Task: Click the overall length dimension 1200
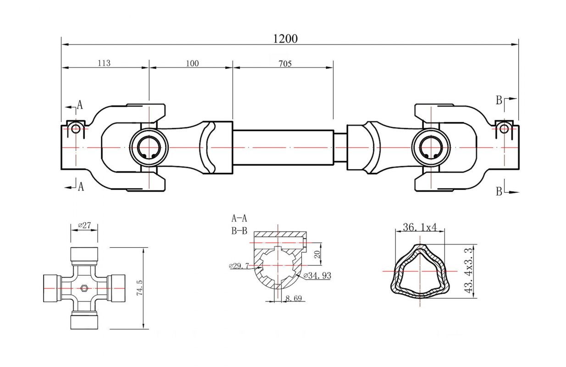click(x=285, y=39)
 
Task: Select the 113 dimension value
click(x=104, y=63)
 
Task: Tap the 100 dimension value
click(x=192, y=63)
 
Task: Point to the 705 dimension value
click(x=284, y=63)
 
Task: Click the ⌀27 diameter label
click(x=84, y=225)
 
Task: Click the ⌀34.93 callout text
click(x=317, y=276)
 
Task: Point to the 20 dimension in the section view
click(x=316, y=254)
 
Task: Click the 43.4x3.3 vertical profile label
click(x=468, y=271)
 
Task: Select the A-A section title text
click(x=239, y=218)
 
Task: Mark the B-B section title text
click(x=239, y=231)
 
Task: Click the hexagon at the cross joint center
click(x=84, y=288)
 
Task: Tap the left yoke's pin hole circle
click(x=75, y=129)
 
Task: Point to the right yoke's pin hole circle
click(x=504, y=128)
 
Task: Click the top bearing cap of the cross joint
click(x=84, y=254)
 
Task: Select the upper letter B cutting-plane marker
click(x=499, y=100)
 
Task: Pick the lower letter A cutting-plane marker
click(x=81, y=187)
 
